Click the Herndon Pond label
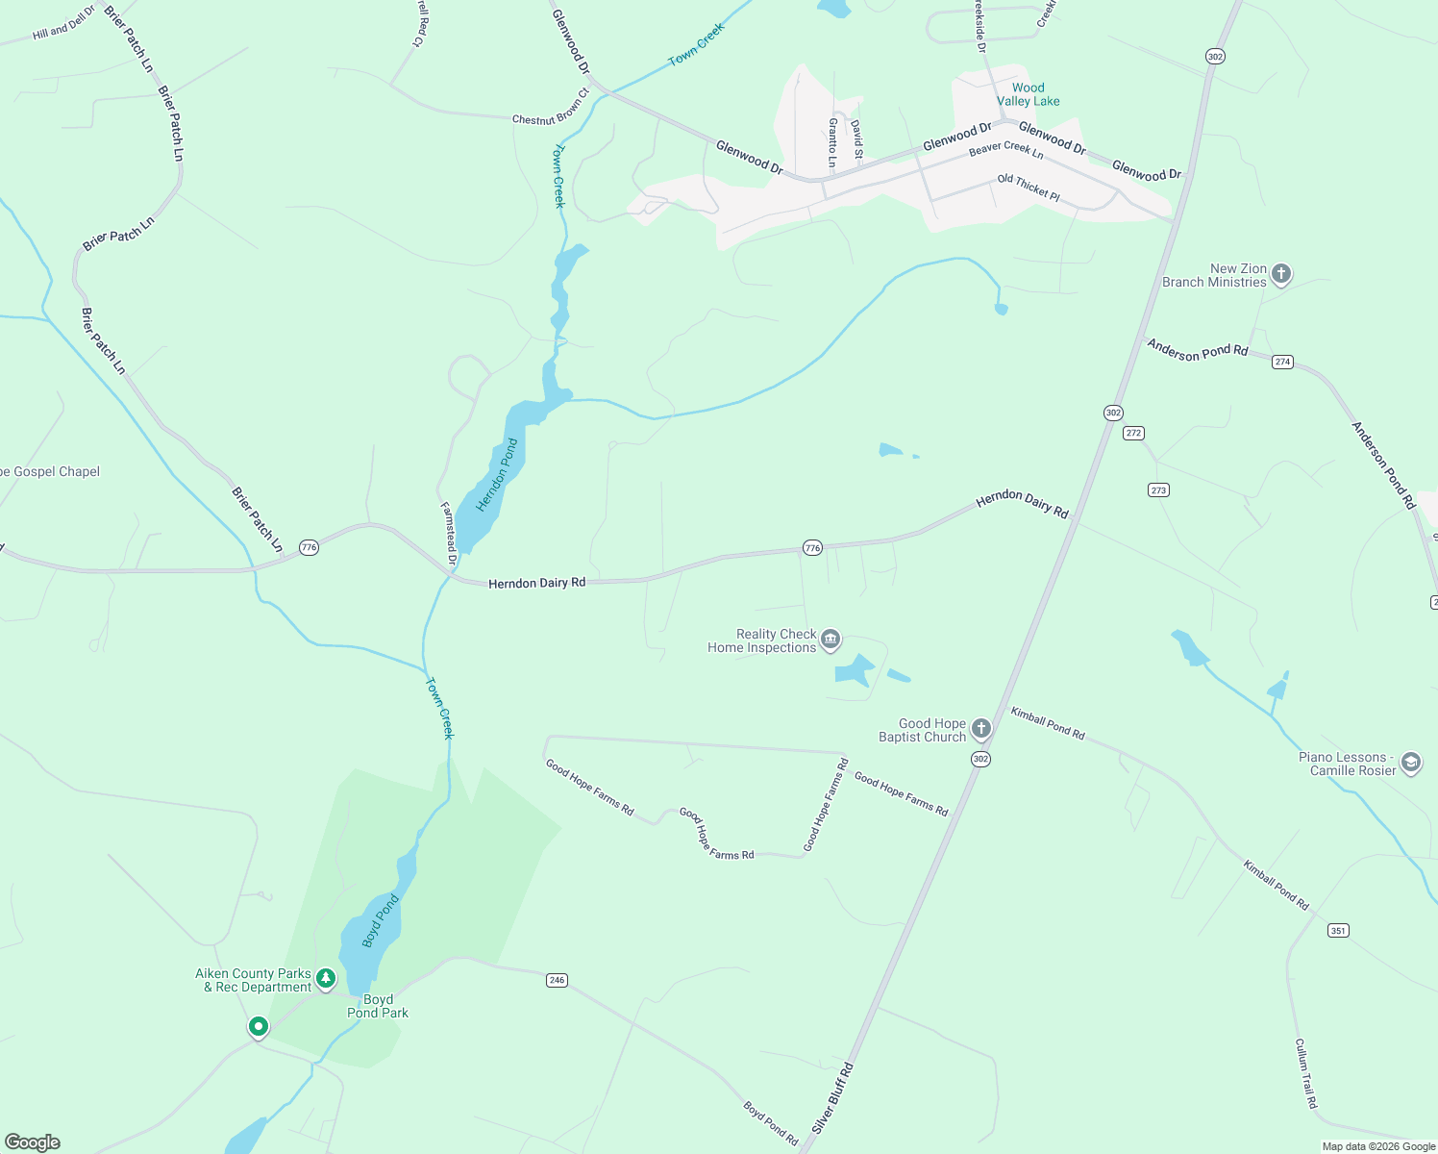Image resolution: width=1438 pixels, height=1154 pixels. [x=497, y=475]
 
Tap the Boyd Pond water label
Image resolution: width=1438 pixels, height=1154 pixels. [x=381, y=921]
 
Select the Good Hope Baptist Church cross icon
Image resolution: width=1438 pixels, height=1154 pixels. [x=980, y=728]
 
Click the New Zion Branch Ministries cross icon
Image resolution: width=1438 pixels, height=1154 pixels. [x=1280, y=274]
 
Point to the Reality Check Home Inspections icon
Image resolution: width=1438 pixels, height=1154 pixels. [x=831, y=640]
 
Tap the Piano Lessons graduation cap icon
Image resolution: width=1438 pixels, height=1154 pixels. [x=1410, y=763]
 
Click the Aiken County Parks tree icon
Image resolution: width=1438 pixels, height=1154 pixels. [x=326, y=979]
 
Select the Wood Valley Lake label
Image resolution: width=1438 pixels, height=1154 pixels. [x=1028, y=94]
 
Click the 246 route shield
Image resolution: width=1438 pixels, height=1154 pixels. [x=557, y=980]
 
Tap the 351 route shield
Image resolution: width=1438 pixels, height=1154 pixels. [x=1338, y=930]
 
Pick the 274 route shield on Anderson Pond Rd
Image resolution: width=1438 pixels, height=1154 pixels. [x=1282, y=362]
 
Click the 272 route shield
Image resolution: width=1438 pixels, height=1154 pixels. [x=1133, y=433]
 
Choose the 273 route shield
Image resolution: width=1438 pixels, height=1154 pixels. [x=1158, y=489]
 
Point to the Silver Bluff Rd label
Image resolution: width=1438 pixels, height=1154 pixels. [x=832, y=1097]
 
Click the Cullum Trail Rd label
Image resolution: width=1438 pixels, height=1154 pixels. [x=1305, y=1073]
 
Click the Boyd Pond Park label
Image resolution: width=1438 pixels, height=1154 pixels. [x=378, y=1006]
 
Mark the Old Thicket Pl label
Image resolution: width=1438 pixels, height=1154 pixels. [x=1028, y=188]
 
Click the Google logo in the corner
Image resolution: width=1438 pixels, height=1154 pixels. [x=33, y=1142]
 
